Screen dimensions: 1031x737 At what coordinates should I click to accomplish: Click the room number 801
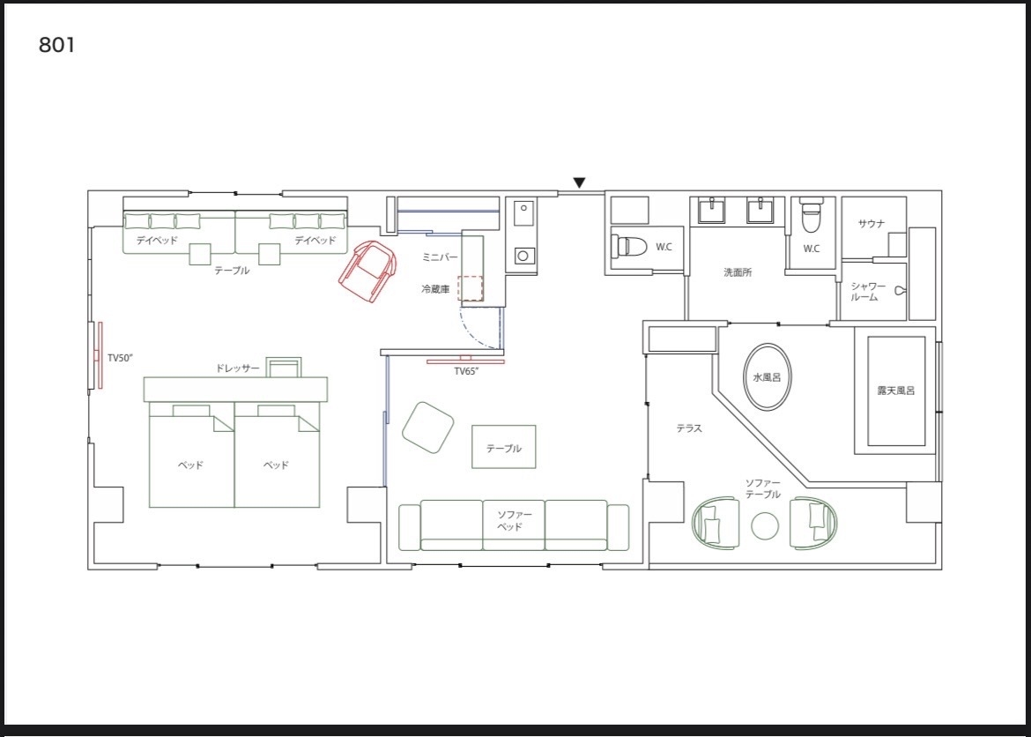click(x=57, y=45)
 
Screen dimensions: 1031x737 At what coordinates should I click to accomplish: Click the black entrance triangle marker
click(x=579, y=183)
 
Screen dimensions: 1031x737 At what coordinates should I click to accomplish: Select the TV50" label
click(x=121, y=358)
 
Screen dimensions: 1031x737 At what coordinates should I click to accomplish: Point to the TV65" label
click(x=466, y=371)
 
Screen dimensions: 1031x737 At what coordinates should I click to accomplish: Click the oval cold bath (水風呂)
click(x=768, y=377)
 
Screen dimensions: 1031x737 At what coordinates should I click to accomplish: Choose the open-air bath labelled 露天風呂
click(x=896, y=391)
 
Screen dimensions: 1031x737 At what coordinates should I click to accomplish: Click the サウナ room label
click(x=872, y=224)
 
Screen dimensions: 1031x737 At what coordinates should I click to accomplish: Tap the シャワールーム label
click(x=868, y=292)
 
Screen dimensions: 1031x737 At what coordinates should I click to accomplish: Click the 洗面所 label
click(x=738, y=272)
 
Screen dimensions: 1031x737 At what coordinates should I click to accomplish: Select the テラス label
click(x=689, y=428)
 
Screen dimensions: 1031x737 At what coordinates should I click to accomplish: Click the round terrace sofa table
click(x=765, y=525)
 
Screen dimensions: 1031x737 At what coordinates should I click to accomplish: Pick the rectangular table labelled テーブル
click(x=504, y=447)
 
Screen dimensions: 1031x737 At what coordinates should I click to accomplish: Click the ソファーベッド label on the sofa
click(x=515, y=520)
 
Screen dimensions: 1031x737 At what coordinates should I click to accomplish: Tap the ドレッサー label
click(x=237, y=368)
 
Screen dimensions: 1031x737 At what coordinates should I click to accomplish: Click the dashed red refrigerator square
click(x=471, y=288)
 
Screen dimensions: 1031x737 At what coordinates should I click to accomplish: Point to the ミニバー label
click(x=439, y=257)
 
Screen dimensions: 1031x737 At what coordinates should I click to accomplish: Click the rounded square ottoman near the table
click(x=429, y=428)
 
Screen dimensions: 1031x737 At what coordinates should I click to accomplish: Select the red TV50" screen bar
click(x=100, y=354)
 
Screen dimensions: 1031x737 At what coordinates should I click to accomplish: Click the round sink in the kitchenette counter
click(x=523, y=256)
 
